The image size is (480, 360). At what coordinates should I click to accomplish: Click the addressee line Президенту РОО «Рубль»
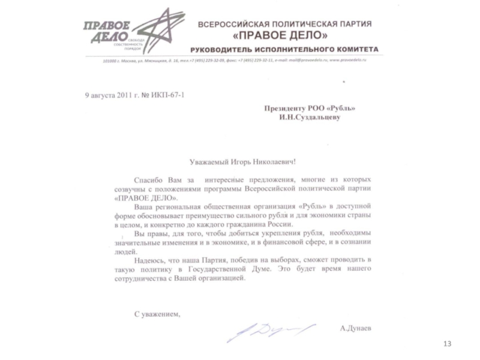click(x=310, y=108)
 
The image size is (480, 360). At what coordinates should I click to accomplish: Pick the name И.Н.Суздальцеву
click(x=310, y=118)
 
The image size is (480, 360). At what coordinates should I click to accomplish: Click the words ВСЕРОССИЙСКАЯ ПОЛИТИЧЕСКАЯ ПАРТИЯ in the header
click(x=285, y=23)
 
